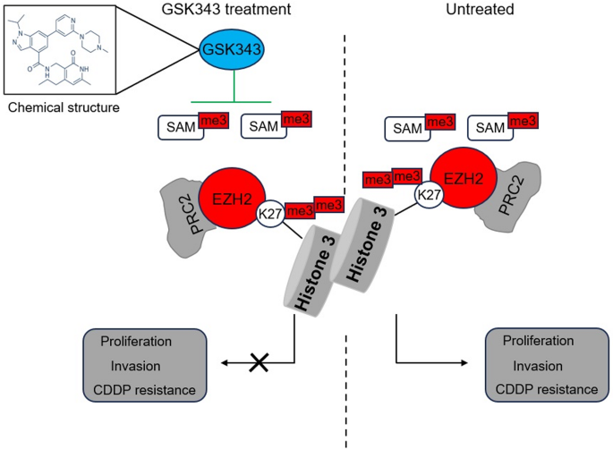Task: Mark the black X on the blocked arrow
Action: pyautogui.click(x=260, y=361)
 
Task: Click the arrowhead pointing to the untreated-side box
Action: pyautogui.click(x=464, y=362)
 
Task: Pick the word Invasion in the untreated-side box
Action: pyautogui.click(x=538, y=366)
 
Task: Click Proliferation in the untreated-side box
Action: pyautogui.click(x=538, y=342)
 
